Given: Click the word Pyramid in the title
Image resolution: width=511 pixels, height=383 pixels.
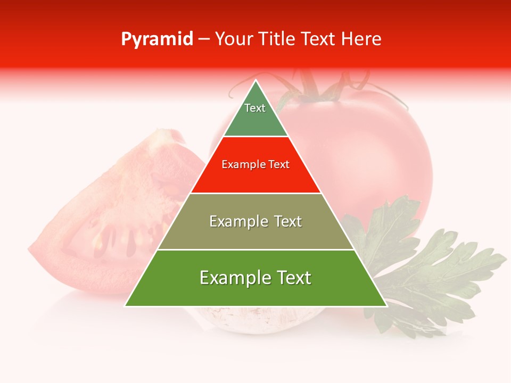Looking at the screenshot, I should (157, 39).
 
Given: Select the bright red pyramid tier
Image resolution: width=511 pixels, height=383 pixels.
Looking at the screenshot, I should (256, 176).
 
